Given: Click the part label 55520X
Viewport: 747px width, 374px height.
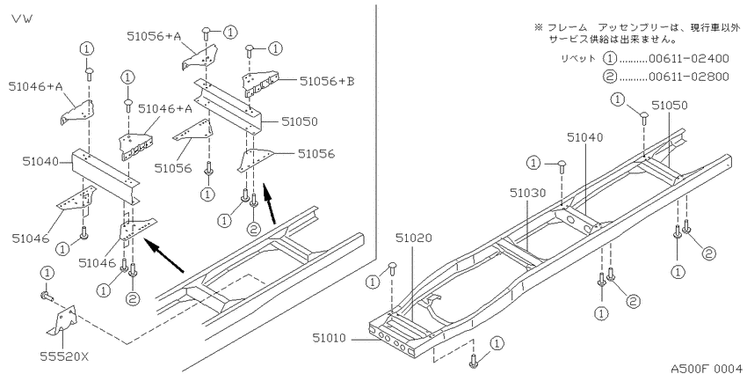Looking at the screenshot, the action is click(66, 356).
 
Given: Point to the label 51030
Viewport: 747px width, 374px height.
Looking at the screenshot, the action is click(527, 193).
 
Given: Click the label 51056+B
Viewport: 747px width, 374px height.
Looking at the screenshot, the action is click(327, 81).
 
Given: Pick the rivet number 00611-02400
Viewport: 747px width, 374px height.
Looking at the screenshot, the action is click(689, 59).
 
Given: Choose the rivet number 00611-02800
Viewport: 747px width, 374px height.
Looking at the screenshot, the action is click(689, 77).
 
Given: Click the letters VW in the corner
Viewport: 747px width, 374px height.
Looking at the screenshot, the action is click(22, 19).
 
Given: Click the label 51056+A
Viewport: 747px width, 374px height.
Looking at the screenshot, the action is click(155, 35).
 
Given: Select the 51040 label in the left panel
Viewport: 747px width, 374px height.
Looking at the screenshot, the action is click(40, 162).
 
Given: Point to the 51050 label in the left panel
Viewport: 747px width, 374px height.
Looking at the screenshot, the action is click(299, 121).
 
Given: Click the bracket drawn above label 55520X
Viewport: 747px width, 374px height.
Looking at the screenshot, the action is click(61, 320).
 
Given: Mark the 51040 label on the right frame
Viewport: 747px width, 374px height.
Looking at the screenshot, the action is click(584, 137).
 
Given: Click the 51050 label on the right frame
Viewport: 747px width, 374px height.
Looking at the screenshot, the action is click(670, 106).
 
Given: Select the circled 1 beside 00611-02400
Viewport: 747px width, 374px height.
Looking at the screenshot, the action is click(610, 59).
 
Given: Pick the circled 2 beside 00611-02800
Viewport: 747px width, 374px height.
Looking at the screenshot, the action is click(610, 77).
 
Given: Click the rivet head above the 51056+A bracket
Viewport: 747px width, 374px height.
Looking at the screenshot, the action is click(207, 32).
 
